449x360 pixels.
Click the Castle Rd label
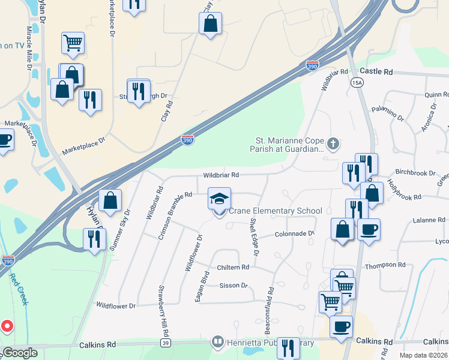(376, 71)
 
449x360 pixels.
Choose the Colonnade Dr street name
(294, 234)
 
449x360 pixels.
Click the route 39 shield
(165, 343)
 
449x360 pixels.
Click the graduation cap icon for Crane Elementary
(219, 199)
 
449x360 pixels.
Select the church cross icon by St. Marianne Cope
(334, 144)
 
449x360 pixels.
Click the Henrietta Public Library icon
(217, 343)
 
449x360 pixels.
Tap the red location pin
(7, 326)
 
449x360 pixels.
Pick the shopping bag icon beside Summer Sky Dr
(110, 200)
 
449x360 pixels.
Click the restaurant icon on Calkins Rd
(289, 347)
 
